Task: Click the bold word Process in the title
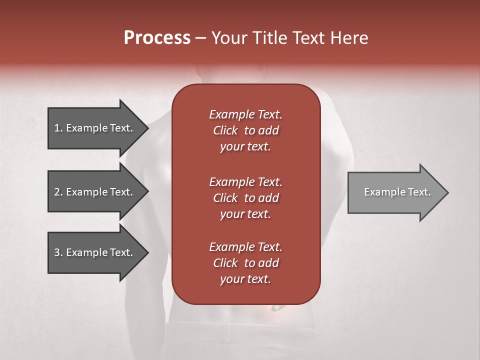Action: pyautogui.click(x=157, y=38)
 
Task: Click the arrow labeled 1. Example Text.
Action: pyautogui.click(x=95, y=128)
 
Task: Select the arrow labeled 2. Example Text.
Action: pyautogui.click(x=95, y=192)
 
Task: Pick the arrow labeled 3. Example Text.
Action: pyautogui.click(x=95, y=252)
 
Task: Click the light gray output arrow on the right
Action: pyautogui.click(x=395, y=192)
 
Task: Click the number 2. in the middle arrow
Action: pyautogui.click(x=58, y=192)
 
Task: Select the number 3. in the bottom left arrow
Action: pyautogui.click(x=58, y=252)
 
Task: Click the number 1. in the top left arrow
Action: pyautogui.click(x=58, y=128)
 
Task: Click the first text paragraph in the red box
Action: pyautogui.click(x=245, y=130)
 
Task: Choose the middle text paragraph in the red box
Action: pyautogui.click(x=245, y=197)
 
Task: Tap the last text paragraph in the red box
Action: pyautogui.click(x=245, y=263)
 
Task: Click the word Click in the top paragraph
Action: pyautogui.click(x=225, y=130)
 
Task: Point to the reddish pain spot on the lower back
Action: pyautogui.click(x=274, y=309)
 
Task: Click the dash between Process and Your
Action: pyautogui.click(x=201, y=38)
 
